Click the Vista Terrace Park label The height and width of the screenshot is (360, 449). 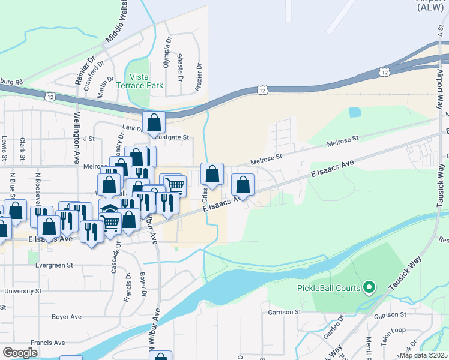146,81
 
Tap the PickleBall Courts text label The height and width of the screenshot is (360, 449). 328,288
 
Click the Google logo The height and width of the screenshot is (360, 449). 20,353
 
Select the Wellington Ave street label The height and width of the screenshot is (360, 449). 77,138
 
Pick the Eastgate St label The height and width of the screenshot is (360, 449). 172,137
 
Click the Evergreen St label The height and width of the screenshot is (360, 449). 53,265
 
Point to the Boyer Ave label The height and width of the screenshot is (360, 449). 67,316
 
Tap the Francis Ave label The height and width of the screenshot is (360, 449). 47,343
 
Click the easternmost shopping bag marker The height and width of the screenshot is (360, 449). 243,185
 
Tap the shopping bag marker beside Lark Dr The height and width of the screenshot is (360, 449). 154,122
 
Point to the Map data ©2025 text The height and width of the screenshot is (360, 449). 424,355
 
